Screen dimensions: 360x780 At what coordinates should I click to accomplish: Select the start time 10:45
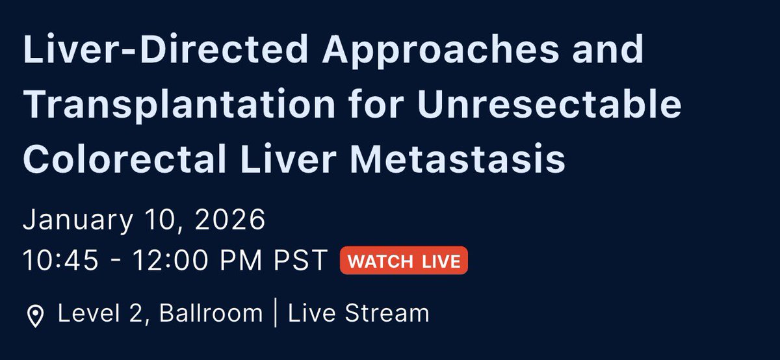[60, 261]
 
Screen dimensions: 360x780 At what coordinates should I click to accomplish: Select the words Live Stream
[358, 314]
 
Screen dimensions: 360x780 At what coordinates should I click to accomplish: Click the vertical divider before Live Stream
[276, 314]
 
